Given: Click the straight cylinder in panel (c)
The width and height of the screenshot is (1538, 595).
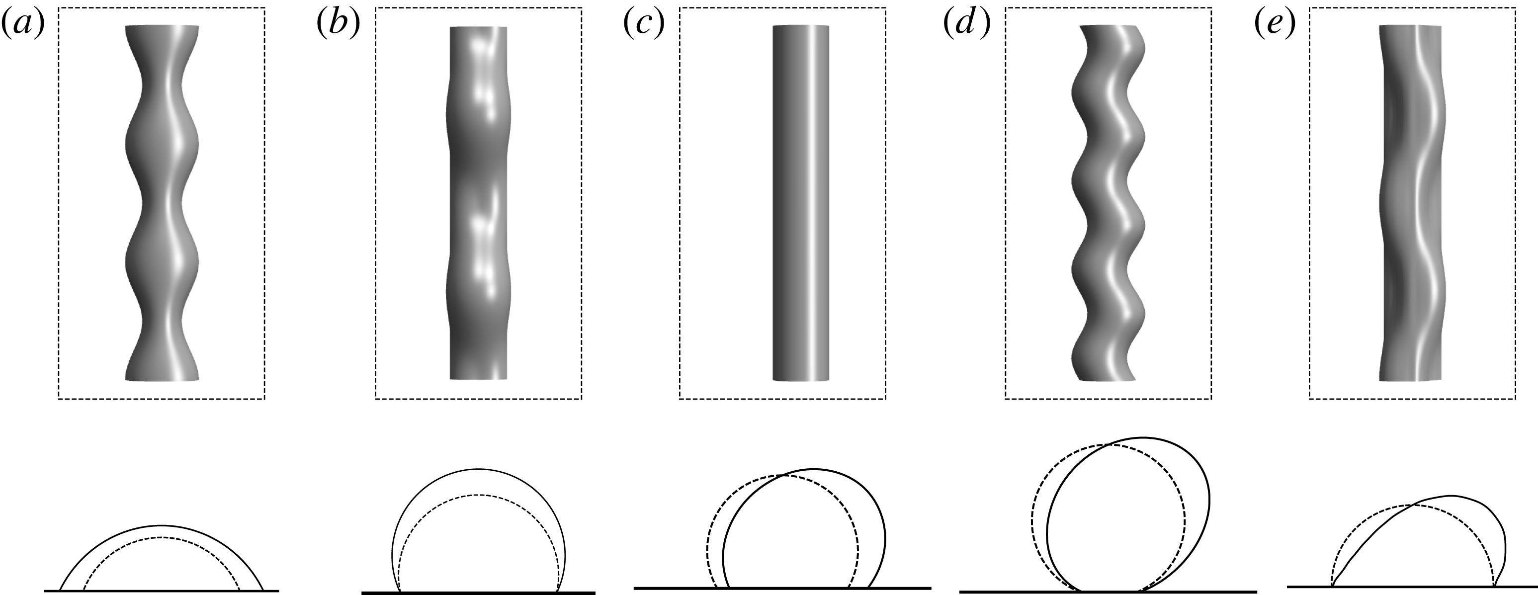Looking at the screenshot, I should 801,203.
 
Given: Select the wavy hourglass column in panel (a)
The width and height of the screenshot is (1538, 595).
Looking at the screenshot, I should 162,203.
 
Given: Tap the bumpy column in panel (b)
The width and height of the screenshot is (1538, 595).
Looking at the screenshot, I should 478,203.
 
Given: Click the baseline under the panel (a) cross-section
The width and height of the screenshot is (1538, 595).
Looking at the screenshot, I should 161,590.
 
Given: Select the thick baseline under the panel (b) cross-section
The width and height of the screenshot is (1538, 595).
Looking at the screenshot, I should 478,593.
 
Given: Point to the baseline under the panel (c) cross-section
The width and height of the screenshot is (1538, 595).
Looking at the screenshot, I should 782,588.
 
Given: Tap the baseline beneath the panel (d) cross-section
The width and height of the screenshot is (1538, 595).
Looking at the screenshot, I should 1108,592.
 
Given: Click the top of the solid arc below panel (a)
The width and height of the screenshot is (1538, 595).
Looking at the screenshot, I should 161,526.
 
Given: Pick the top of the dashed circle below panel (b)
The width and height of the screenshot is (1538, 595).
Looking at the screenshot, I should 478,495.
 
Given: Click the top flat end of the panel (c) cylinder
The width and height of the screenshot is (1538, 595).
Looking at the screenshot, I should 801,27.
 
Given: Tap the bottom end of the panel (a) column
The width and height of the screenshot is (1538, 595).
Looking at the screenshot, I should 162,378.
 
